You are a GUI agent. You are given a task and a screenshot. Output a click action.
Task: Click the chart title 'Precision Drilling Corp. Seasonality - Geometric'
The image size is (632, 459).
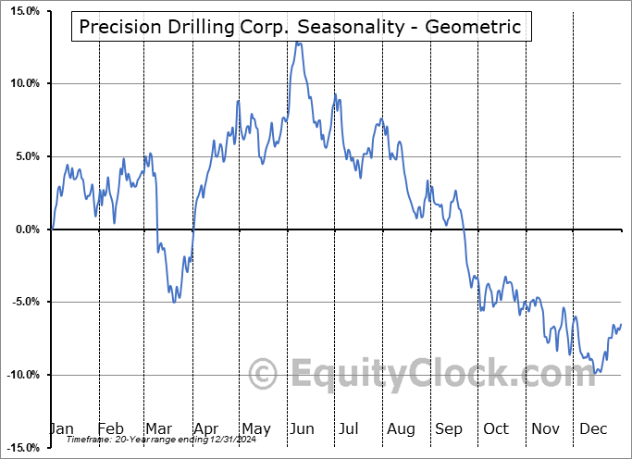click(x=301, y=27)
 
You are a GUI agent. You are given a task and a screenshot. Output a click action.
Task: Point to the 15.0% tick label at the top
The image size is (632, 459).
click(x=22, y=11)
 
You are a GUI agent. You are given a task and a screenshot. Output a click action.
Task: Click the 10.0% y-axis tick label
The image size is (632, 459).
click(x=22, y=83)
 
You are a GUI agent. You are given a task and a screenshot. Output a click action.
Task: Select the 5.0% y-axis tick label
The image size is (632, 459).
click(x=25, y=156)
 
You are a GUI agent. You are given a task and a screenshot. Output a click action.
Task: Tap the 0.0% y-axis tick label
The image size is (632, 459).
click(x=25, y=229)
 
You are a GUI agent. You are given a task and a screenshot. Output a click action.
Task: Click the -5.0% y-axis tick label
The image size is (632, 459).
click(x=23, y=302)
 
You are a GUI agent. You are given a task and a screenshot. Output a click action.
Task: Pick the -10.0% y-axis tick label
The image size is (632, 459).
click(x=20, y=375)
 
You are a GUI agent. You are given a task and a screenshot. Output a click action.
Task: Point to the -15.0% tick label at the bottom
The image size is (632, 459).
click(x=20, y=448)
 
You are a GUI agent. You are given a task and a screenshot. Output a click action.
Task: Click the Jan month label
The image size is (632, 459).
click(x=61, y=428)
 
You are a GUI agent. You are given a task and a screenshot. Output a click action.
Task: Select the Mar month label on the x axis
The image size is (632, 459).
click(x=159, y=428)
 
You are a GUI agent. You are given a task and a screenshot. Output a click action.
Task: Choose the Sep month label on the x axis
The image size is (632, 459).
click(x=448, y=428)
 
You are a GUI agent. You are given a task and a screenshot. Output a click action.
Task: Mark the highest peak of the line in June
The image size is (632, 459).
click(x=297, y=42)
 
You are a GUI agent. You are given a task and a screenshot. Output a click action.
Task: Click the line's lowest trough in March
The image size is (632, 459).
click(x=176, y=301)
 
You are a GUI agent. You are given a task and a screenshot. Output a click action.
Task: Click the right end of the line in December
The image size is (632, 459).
click(x=621, y=324)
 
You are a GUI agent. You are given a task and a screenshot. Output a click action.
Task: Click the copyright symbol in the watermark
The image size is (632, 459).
click(x=265, y=374)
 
